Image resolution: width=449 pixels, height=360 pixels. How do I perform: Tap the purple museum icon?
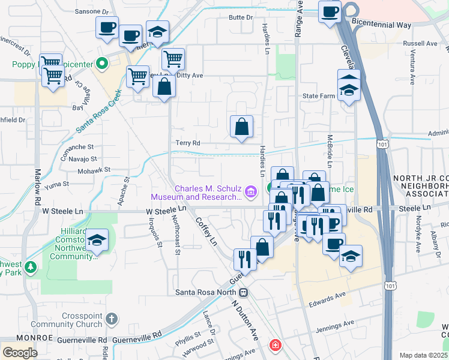(x=251, y=192)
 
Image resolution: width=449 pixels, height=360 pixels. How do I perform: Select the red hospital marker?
(x=275, y=346)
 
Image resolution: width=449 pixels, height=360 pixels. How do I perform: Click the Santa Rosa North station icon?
(x=244, y=293)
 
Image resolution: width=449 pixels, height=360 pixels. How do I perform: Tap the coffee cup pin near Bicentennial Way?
(x=330, y=13)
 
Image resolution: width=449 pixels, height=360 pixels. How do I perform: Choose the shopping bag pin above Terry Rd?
(x=241, y=127)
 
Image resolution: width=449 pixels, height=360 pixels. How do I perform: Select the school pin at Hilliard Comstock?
(x=97, y=241)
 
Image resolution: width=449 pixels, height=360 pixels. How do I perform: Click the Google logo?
(x=20, y=352)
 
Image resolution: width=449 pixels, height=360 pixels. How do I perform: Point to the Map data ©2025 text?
(x=423, y=355)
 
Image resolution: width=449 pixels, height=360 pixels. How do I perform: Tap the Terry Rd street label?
(x=187, y=143)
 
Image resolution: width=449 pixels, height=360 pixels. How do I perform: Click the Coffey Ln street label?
(x=205, y=231)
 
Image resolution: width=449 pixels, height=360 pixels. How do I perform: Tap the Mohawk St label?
(x=94, y=170)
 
